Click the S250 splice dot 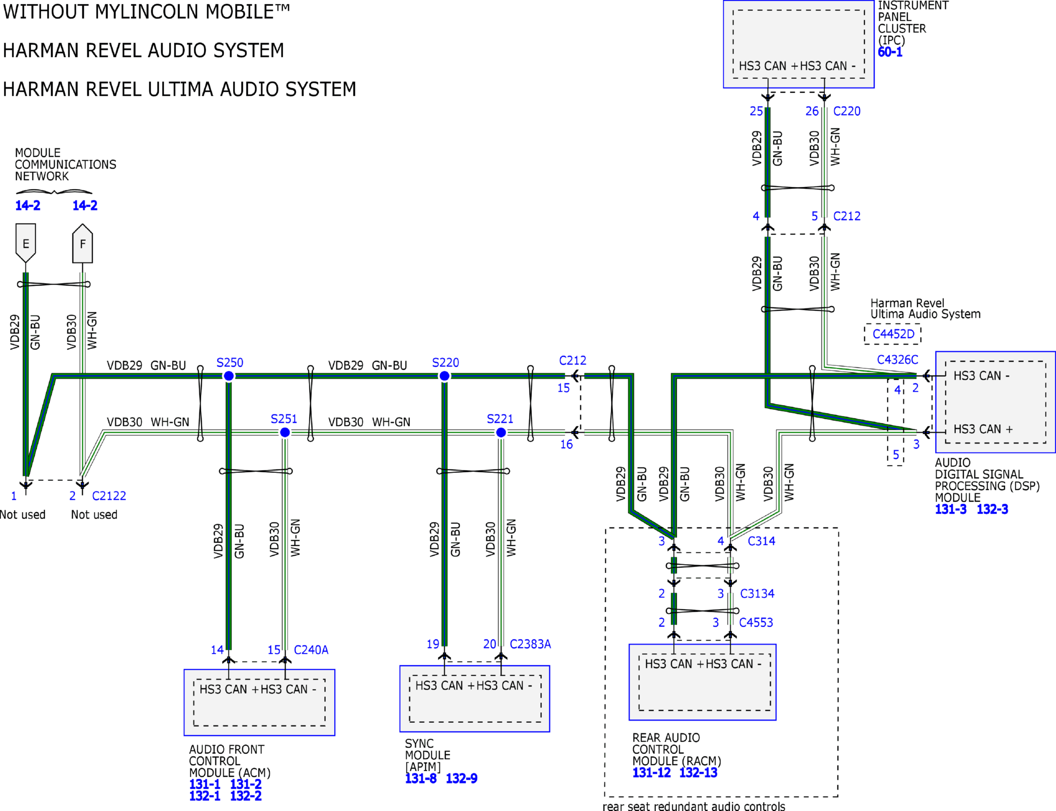click(x=229, y=376)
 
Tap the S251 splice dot click(x=285, y=433)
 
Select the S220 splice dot click(x=445, y=376)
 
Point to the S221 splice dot click(x=501, y=433)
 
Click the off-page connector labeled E click(x=26, y=243)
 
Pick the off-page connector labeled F click(x=82, y=243)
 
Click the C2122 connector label click(x=109, y=496)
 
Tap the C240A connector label click(x=311, y=650)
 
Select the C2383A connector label click(x=530, y=644)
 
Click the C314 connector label click(x=762, y=541)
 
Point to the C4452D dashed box click(x=893, y=334)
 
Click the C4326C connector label click(x=898, y=360)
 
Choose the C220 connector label click(x=847, y=111)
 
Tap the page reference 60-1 click(x=890, y=52)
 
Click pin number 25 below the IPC click(x=756, y=111)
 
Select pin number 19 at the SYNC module click(x=433, y=644)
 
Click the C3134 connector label click(x=757, y=593)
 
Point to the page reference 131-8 click(x=421, y=779)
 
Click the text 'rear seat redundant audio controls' click(x=694, y=807)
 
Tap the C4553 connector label click(x=756, y=623)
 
